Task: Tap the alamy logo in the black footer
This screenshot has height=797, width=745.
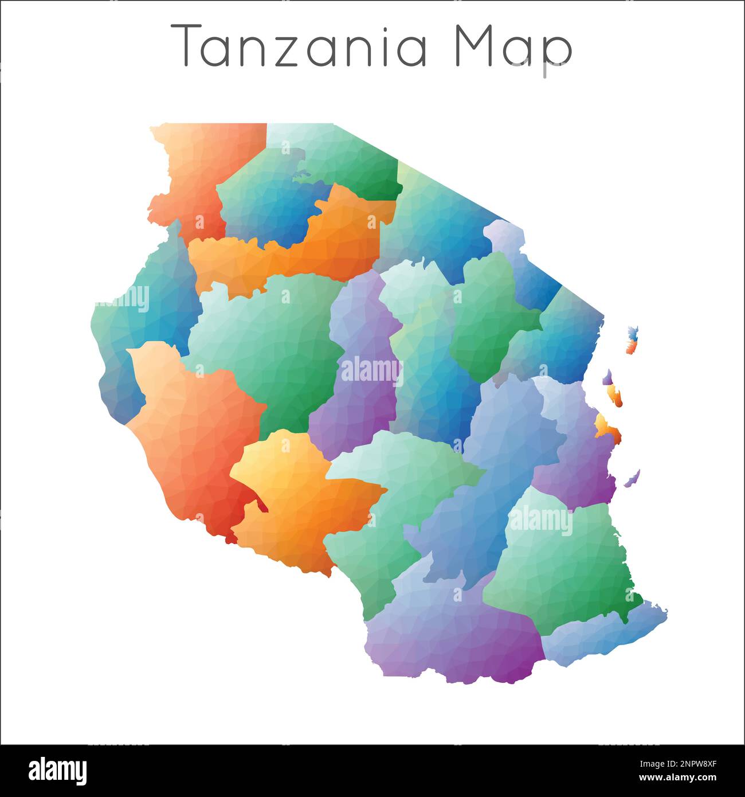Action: tap(57, 771)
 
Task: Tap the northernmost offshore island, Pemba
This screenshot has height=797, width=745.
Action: tap(632, 339)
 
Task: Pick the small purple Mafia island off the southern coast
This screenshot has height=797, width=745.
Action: tap(632, 478)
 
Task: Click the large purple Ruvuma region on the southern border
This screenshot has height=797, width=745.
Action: tap(453, 631)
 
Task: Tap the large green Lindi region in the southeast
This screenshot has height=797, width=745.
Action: tap(562, 562)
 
